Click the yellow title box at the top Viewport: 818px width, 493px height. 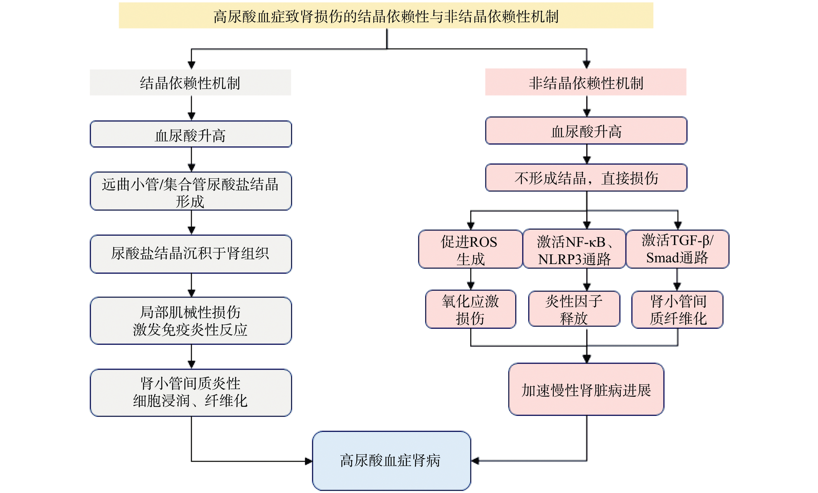[386, 16]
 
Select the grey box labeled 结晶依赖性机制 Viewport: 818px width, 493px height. [190, 82]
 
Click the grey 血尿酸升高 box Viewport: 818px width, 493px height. [191, 134]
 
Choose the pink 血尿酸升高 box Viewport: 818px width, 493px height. [586, 131]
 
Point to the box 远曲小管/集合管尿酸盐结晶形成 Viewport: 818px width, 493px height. [191, 191]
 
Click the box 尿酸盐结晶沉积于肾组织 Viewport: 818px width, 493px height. [191, 254]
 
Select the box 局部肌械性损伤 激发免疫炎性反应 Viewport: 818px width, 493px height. [191, 321]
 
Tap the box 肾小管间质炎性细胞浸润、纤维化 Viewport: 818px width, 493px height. [191, 392]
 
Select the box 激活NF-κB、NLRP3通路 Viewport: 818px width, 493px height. [574, 249]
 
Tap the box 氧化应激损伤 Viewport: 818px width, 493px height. [470, 309]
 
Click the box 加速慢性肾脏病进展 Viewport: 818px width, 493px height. [586, 389]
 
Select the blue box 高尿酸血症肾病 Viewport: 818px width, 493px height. [391, 461]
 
